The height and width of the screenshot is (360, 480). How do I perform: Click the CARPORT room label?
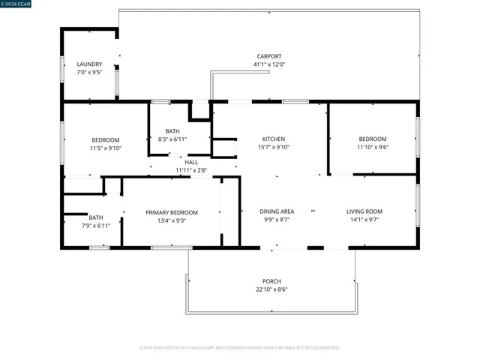[x=268, y=56]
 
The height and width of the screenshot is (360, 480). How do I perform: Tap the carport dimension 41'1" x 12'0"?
[x=268, y=64]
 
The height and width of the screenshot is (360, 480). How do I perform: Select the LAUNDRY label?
[x=89, y=64]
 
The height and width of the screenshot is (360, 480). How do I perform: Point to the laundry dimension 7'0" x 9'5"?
[x=89, y=73]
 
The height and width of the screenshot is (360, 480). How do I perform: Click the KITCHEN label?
[x=273, y=139]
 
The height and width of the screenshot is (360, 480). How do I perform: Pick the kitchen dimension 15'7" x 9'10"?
[x=273, y=148]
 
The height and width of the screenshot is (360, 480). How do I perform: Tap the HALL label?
[x=191, y=162]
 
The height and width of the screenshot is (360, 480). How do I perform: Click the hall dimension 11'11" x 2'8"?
[x=191, y=170]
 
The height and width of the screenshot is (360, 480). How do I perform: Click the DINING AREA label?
[x=276, y=211]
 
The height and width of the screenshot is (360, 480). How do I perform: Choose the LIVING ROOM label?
[x=364, y=211]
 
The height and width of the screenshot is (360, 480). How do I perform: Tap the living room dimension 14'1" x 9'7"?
[x=364, y=220]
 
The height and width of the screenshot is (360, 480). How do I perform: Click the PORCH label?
[x=271, y=281]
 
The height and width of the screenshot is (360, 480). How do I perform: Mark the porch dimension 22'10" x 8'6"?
[x=271, y=289]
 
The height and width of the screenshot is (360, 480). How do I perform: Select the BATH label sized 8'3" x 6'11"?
[x=172, y=131]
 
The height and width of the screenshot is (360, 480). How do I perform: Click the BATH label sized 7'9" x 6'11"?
[x=96, y=217]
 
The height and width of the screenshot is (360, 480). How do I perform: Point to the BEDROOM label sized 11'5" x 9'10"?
[x=106, y=140]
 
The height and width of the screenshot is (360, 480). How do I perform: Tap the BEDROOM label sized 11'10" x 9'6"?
[x=373, y=139]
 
